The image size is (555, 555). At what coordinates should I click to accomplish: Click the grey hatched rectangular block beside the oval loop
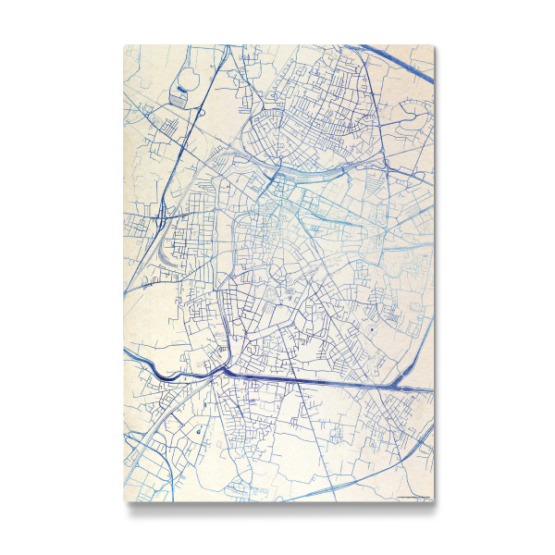178,94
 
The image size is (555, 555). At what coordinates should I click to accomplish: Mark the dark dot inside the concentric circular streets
371,330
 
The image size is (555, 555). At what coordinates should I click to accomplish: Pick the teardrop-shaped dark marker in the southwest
196,430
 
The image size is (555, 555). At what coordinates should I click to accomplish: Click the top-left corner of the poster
124,44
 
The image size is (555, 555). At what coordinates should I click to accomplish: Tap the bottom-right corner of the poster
433,501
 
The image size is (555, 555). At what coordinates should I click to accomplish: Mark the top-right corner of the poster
433,44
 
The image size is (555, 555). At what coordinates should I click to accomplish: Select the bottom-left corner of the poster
124,501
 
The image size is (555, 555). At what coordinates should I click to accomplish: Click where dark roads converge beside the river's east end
223,368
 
